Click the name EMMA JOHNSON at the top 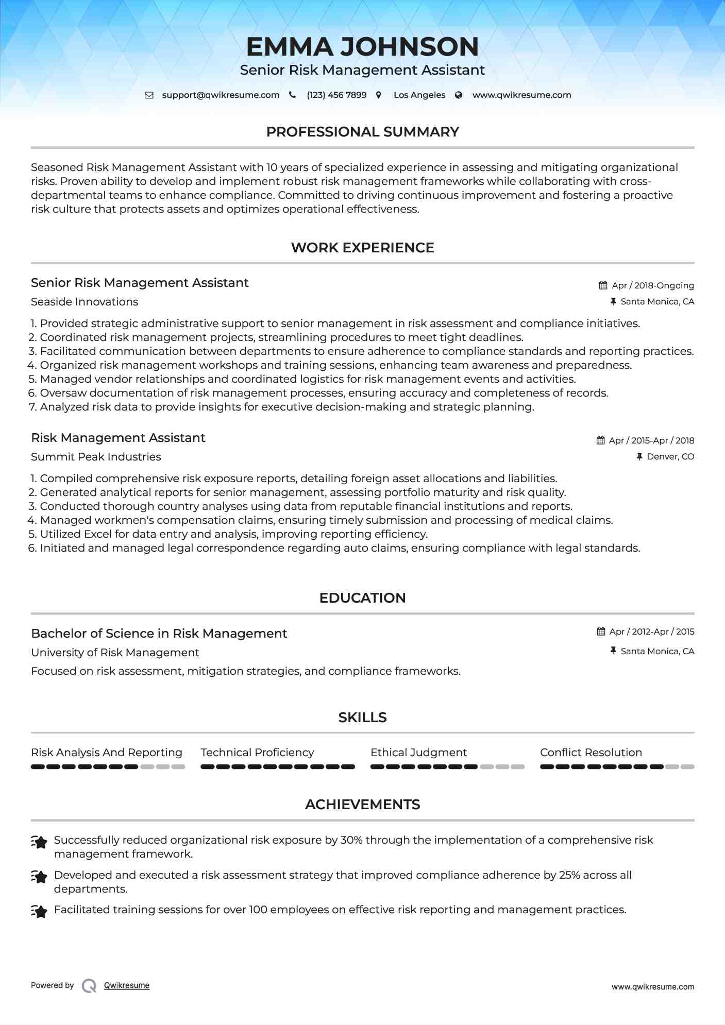click(362, 46)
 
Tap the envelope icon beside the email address click(149, 95)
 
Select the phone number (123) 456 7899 click(336, 95)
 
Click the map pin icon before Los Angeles click(379, 95)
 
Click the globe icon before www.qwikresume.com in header click(459, 95)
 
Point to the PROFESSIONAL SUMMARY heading click(362, 132)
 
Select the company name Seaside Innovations click(85, 302)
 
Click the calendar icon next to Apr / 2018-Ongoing click(603, 285)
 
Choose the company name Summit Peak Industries click(96, 457)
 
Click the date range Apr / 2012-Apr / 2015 click(651, 631)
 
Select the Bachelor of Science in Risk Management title click(159, 634)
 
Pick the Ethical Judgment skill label click(418, 753)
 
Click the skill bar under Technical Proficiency click(277, 767)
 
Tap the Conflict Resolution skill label click(591, 753)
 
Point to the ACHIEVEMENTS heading click(362, 805)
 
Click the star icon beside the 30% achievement click(39, 842)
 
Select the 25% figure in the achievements click(569, 875)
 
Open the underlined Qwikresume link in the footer click(127, 985)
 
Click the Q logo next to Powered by click(89, 986)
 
